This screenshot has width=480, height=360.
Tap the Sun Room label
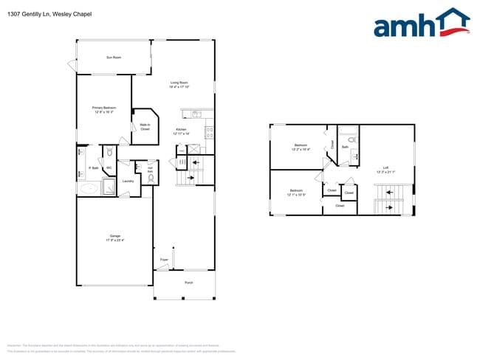114,57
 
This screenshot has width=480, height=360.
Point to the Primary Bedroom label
103,110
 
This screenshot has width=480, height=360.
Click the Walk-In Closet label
145,127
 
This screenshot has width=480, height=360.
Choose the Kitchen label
182,132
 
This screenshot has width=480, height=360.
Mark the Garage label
114,238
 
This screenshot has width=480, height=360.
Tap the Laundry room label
127,181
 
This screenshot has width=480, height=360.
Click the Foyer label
164,260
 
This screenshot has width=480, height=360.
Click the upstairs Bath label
345,147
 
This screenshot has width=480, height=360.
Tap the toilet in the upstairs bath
353,156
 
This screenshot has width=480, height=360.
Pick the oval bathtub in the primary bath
89,188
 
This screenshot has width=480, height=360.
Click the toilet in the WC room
109,153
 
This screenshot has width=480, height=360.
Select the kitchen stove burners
209,133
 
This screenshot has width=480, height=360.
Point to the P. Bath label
94,168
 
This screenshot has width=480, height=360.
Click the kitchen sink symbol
196,114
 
